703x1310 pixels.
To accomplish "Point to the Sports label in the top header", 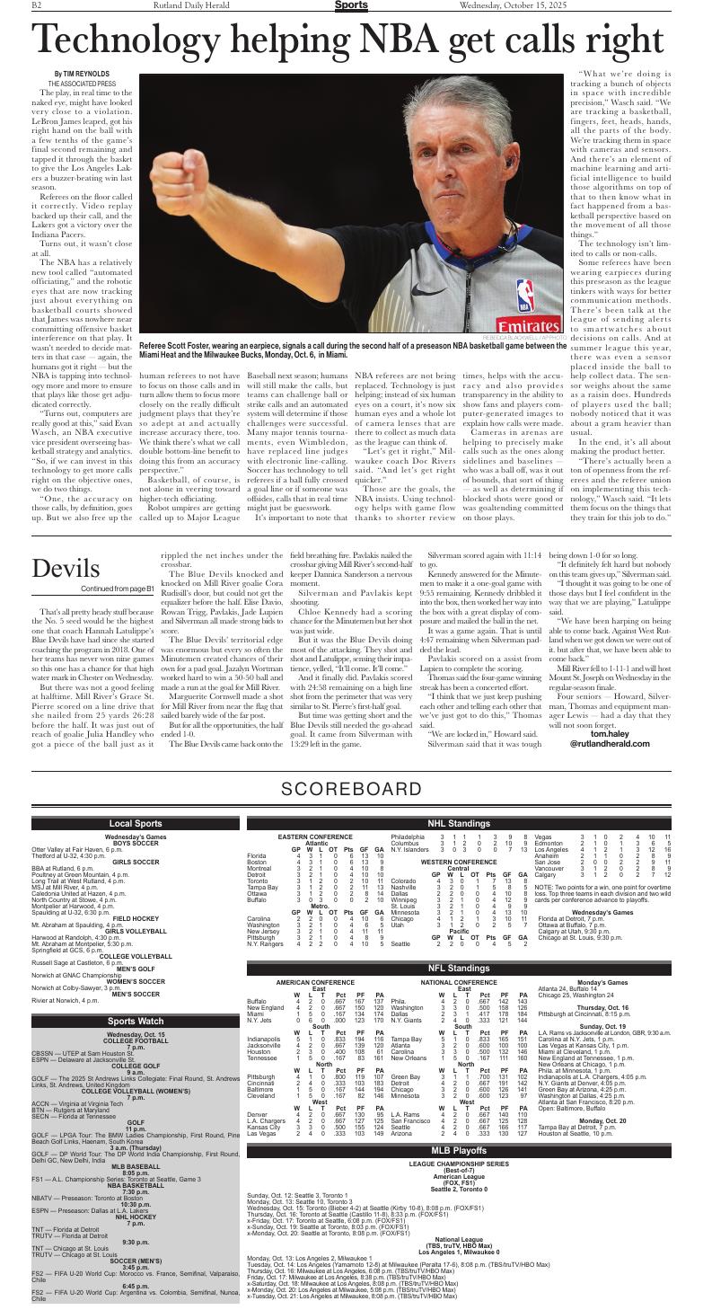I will click(350, 6).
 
